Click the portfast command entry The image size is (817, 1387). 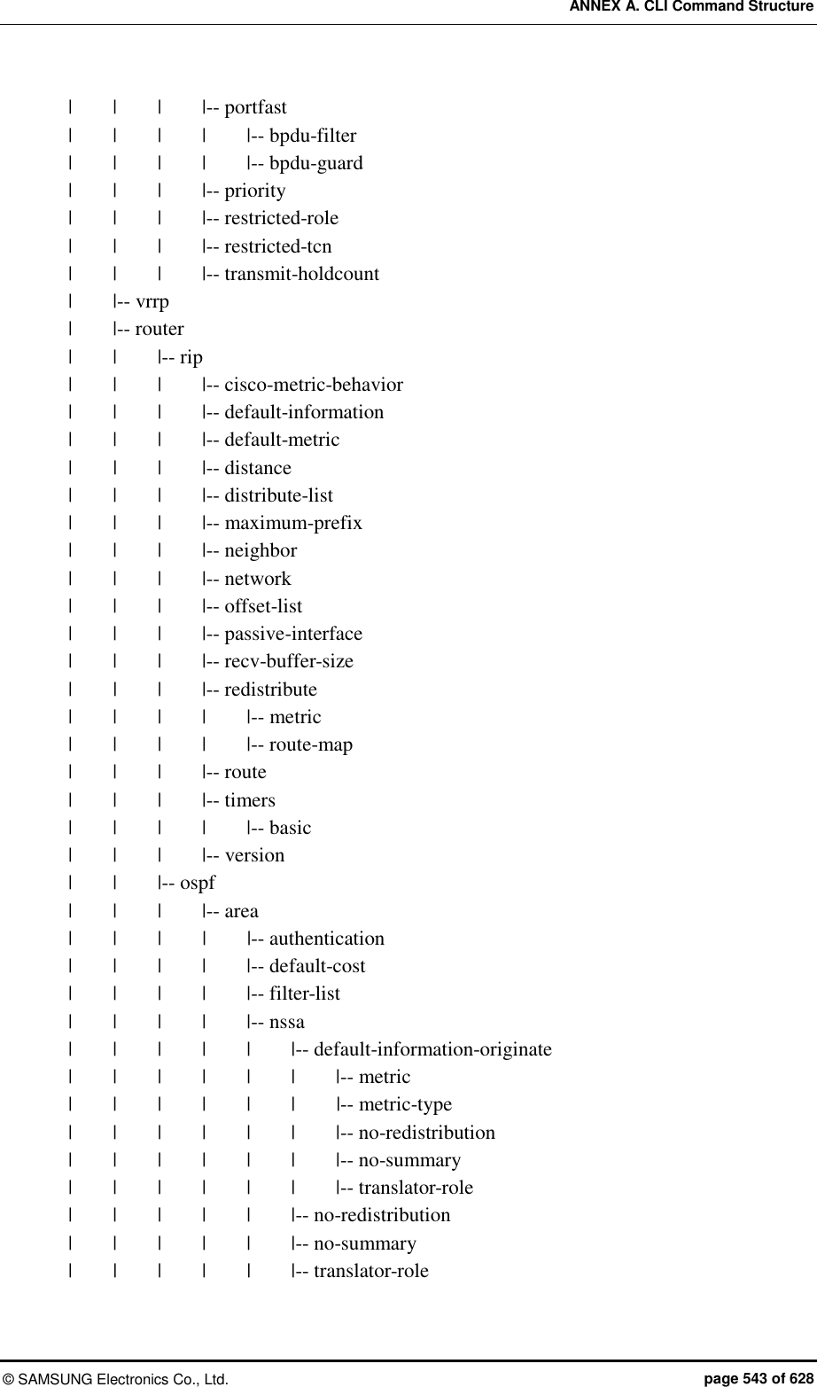point(255,108)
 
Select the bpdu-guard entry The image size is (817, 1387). point(315,164)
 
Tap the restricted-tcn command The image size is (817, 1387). point(277,246)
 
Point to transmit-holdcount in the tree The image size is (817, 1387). point(301,274)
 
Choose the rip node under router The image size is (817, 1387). point(191,358)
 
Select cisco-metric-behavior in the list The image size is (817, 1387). point(313,386)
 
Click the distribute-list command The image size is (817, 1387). point(278,496)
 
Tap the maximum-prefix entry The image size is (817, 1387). point(292,524)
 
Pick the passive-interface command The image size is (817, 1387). point(292,635)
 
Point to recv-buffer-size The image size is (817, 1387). point(288,662)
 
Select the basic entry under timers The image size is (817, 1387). point(290,829)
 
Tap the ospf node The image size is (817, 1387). point(197,884)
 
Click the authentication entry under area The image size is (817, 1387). point(326,939)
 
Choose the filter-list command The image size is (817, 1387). point(304,994)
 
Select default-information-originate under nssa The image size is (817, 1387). point(432,1050)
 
